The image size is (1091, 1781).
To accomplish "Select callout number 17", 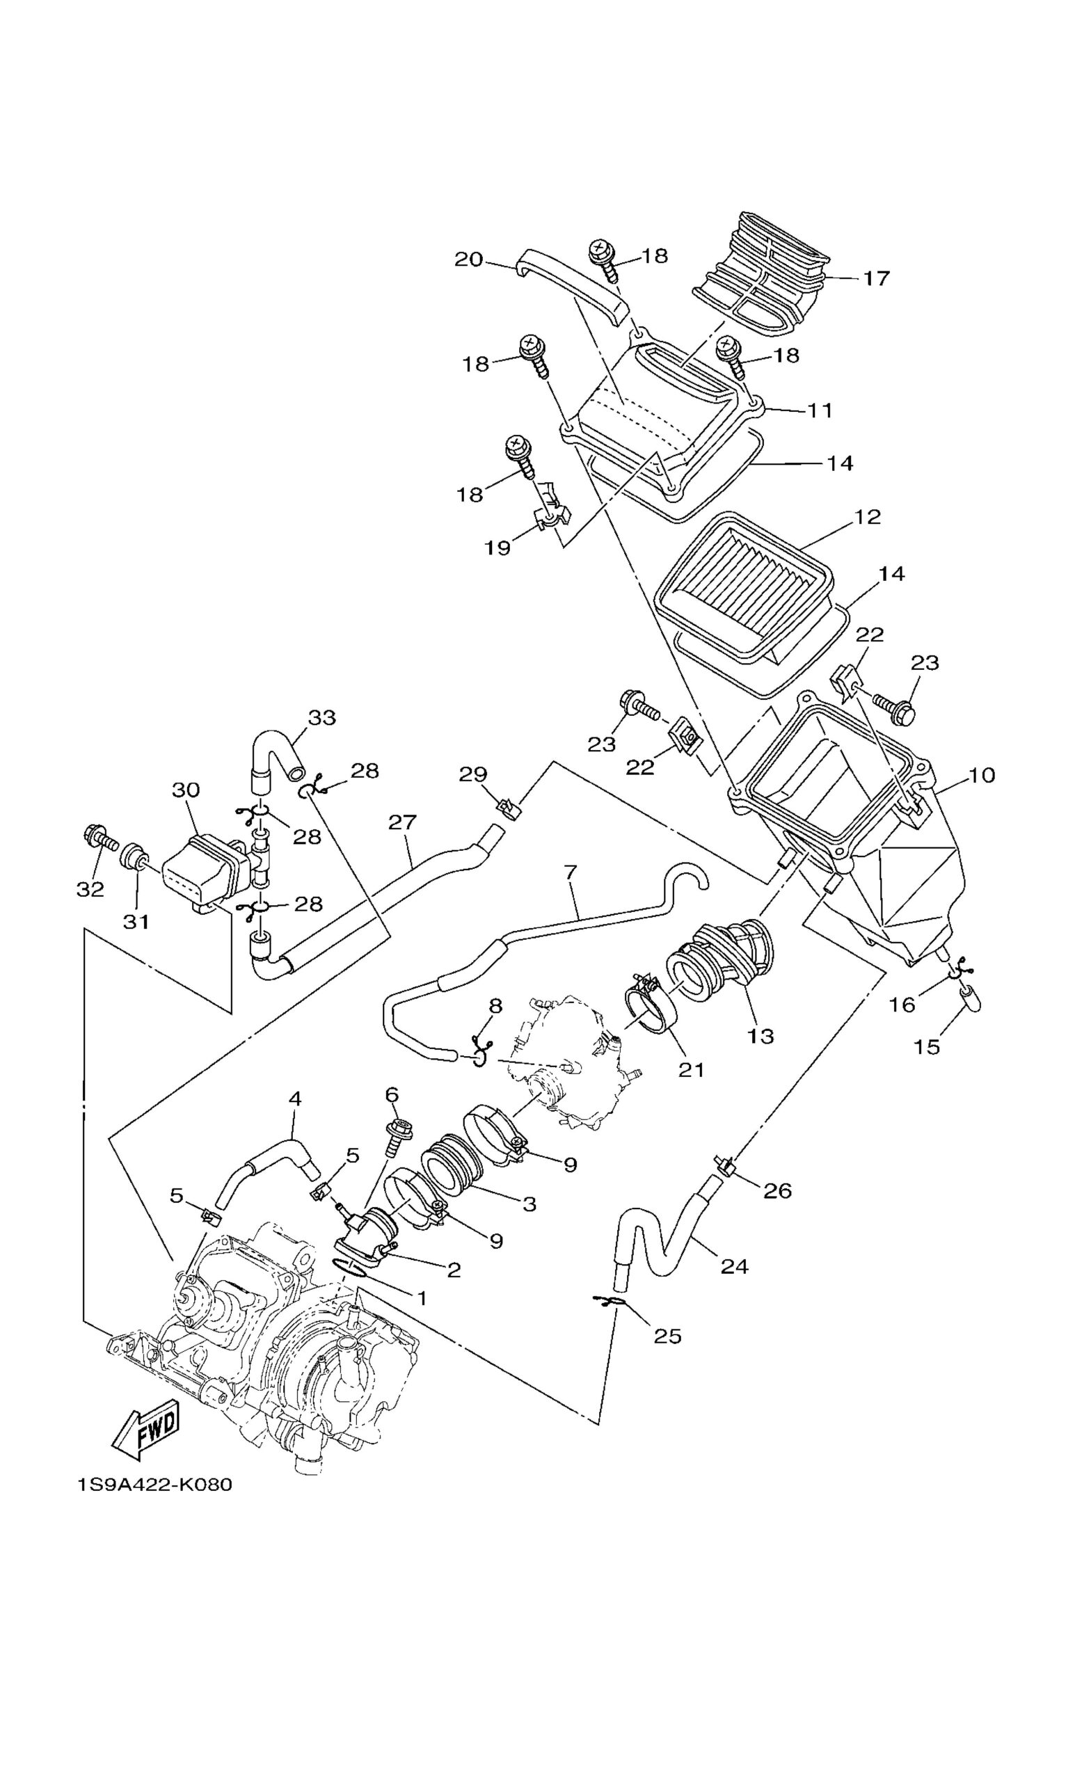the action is pos(876,278).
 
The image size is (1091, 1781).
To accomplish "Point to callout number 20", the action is pos(468,258).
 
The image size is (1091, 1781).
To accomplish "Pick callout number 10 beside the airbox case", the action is pos(982,775).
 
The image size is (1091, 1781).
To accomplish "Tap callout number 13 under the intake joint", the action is pos(760,1035).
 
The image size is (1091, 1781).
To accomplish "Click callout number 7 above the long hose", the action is pos(571,872).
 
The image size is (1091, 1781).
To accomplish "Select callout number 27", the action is pos(403,822).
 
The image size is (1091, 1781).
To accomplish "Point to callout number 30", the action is pos(186,790).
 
